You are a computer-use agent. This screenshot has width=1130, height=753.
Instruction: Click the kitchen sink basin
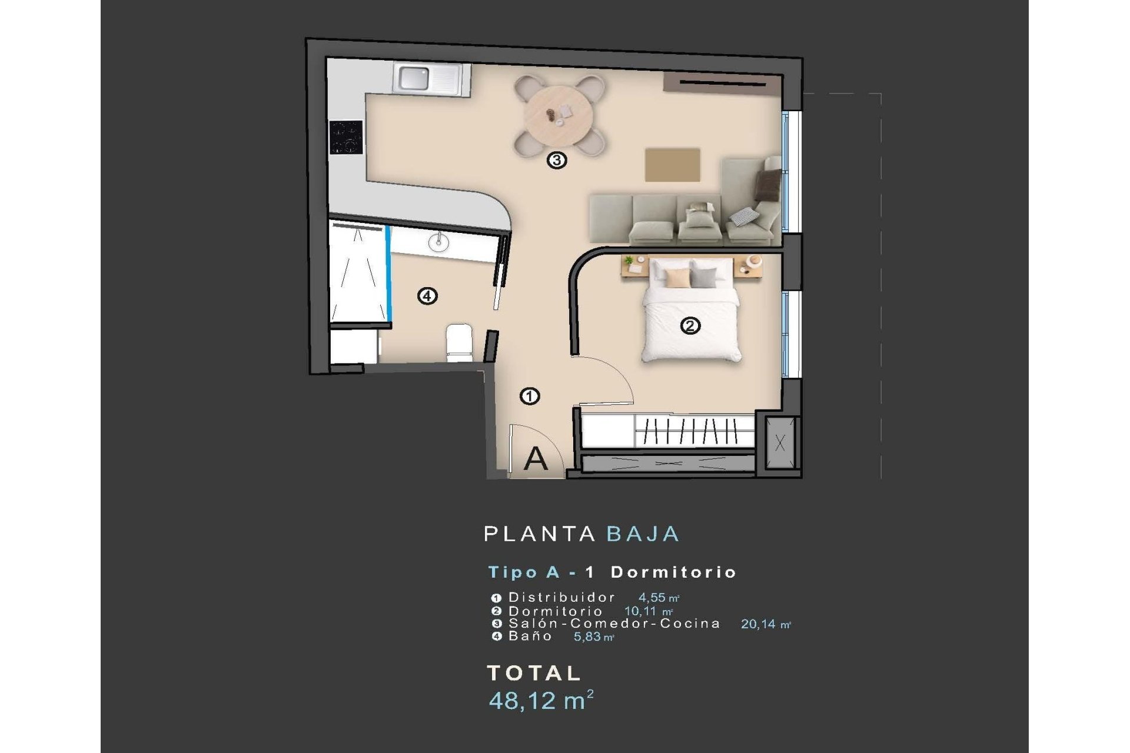(x=415, y=78)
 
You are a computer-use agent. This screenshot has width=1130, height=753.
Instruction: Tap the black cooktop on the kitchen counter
(x=346, y=137)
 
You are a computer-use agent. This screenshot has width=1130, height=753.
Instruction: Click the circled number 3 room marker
(x=557, y=160)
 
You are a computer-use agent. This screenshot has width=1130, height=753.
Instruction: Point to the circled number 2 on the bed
(x=690, y=325)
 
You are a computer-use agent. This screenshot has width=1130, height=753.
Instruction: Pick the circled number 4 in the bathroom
(x=427, y=295)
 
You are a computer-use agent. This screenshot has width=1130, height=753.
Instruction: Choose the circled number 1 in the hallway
(x=530, y=397)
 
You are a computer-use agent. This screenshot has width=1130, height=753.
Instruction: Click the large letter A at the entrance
(x=536, y=459)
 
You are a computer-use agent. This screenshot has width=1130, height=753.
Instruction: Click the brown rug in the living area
(x=673, y=165)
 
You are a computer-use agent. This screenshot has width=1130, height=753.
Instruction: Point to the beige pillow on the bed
(x=677, y=278)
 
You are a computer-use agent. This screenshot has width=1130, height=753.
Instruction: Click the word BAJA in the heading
(x=643, y=534)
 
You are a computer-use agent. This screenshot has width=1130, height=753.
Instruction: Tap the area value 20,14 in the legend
(x=758, y=624)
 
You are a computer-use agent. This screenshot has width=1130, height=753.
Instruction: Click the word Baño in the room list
(x=530, y=636)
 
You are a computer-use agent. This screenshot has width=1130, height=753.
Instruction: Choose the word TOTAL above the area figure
(x=534, y=673)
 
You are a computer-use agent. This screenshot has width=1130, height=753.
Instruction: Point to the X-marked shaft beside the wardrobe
(x=780, y=443)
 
